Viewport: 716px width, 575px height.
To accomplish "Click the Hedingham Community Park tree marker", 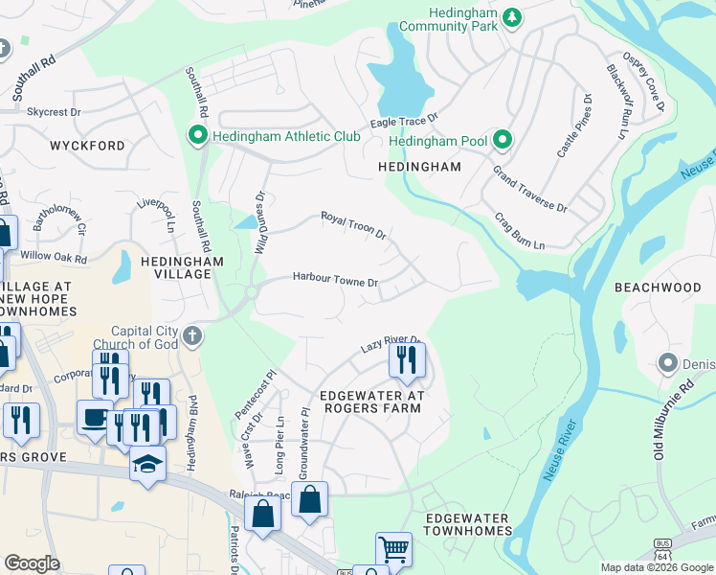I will (512, 17).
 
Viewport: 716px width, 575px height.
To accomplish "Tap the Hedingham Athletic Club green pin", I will (199, 136).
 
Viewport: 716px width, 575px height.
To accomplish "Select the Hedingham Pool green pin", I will (502, 142).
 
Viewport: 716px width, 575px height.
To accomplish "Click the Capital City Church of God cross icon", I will (192, 334).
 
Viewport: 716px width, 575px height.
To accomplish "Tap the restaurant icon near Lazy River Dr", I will (407, 359).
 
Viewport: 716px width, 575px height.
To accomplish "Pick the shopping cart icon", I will (393, 549).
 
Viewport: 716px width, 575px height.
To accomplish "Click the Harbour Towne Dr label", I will (336, 282).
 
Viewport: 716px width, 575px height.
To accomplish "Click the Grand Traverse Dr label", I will (529, 189).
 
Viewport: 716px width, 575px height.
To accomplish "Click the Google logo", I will (32, 563).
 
